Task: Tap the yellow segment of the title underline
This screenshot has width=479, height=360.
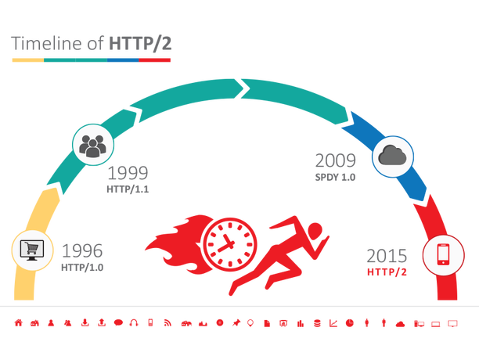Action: pyautogui.click(x=27, y=59)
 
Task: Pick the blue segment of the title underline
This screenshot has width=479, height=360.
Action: pyautogui.click(x=117, y=59)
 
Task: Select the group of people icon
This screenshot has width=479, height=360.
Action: pyautogui.click(x=93, y=145)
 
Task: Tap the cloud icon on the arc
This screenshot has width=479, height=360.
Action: pyautogui.click(x=391, y=155)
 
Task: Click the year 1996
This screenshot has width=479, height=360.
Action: pyautogui.click(x=82, y=251)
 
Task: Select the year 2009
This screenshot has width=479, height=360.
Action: pyautogui.click(x=335, y=161)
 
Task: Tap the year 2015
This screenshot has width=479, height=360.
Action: pyautogui.click(x=387, y=255)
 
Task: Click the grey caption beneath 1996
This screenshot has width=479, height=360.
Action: pyautogui.click(x=82, y=268)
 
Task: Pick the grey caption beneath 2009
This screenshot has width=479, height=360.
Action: pyautogui.click(x=335, y=177)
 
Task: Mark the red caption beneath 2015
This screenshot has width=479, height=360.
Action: pyautogui.click(x=387, y=272)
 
